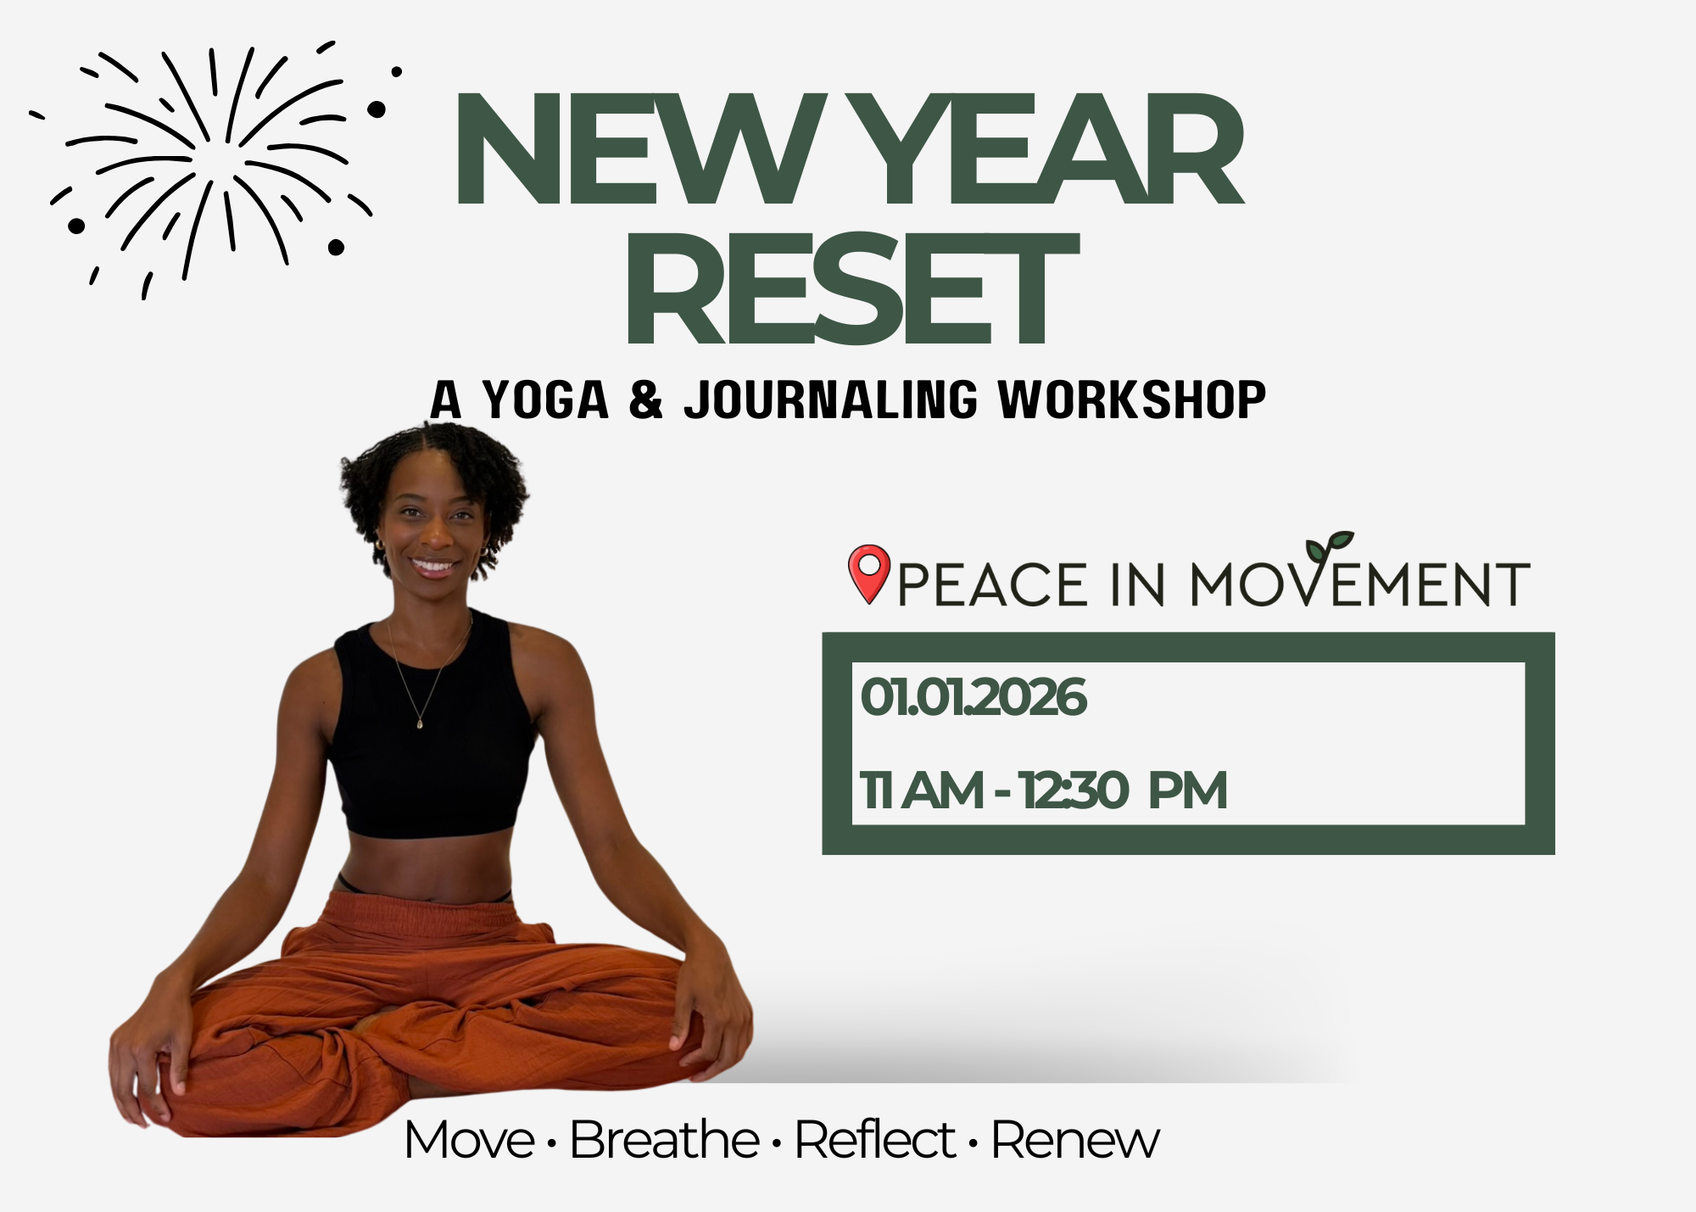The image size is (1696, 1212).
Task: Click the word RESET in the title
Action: coord(851,289)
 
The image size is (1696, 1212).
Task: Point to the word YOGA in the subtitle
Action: coord(545,399)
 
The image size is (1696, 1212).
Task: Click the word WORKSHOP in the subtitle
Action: coord(1131,399)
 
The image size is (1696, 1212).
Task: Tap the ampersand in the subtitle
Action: coord(645,399)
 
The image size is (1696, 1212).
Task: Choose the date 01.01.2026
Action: coord(973,697)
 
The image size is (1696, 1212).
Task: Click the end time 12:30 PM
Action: coord(1124,790)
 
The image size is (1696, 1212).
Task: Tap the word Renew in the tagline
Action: coord(1074,1141)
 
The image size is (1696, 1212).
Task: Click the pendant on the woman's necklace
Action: coord(420,723)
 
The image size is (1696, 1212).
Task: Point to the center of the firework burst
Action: coord(212,157)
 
